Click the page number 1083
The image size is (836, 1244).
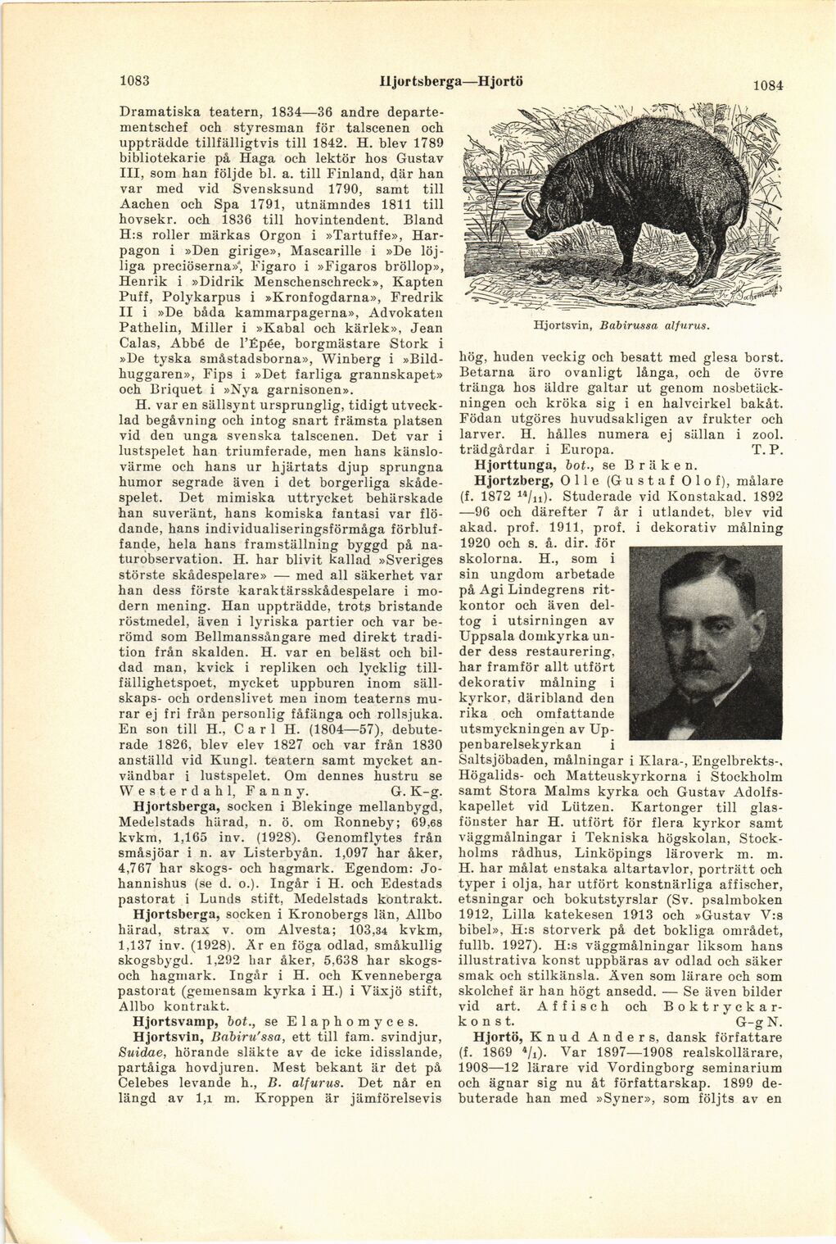[133, 81]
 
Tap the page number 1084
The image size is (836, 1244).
[768, 84]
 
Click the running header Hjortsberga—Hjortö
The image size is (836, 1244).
[438, 81]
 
